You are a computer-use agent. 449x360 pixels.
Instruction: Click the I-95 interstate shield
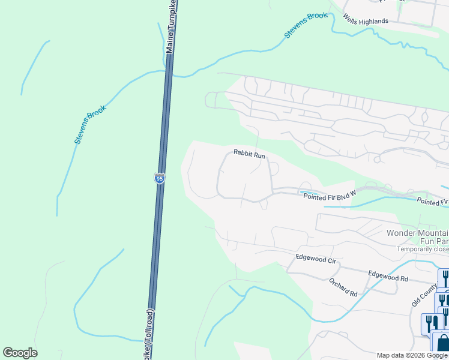point(159,179)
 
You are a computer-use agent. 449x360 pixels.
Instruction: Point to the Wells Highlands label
point(366,20)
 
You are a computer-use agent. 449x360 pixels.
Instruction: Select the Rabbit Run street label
point(249,155)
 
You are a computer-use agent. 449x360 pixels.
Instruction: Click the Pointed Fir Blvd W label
point(330,196)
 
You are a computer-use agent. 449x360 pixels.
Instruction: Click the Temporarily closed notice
point(422,249)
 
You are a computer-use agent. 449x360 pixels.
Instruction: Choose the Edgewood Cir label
point(315,259)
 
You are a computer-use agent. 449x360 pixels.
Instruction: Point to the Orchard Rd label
point(343,287)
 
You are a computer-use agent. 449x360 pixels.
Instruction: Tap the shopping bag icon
point(443,343)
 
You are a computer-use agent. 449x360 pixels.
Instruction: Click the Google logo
point(20,353)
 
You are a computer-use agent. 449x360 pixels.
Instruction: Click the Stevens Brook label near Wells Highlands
point(306,25)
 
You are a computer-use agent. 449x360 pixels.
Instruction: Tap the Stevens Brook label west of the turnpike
point(90,124)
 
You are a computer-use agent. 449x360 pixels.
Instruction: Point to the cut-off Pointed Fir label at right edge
point(433,203)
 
